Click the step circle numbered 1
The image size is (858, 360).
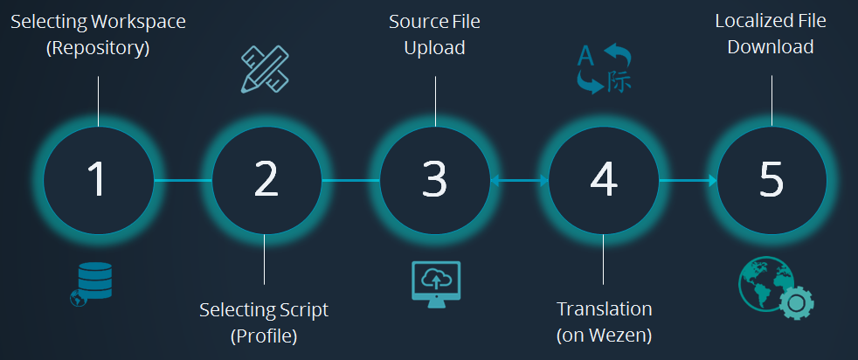click(x=98, y=181)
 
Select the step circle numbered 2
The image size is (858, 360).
click(x=266, y=181)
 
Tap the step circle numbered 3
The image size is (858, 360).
click(x=434, y=181)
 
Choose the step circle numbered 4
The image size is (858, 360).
click(x=603, y=181)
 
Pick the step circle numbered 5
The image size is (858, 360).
click(x=772, y=181)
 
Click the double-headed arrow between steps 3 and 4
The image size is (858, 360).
click(x=519, y=181)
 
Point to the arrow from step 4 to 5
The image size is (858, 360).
click(x=687, y=181)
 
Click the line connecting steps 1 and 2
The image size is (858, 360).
click(x=182, y=181)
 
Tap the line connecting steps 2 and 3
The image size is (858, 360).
click(x=350, y=181)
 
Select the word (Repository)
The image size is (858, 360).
click(x=98, y=47)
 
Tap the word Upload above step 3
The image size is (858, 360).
click(x=434, y=47)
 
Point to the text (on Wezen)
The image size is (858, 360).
click(x=604, y=335)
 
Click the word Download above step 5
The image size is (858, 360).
click(x=771, y=47)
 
